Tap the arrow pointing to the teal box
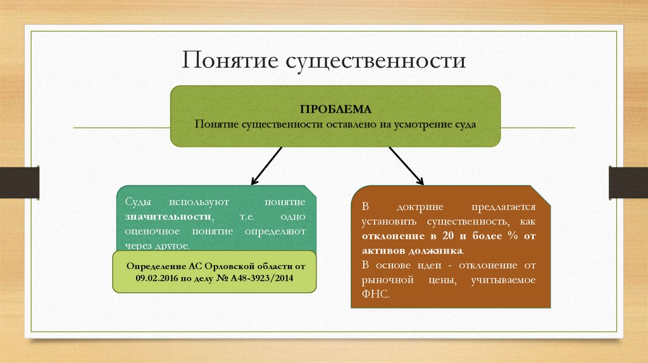(266, 165)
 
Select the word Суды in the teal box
(138, 202)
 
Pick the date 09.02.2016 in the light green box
(158, 278)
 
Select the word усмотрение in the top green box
(423, 124)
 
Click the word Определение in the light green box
(156, 266)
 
